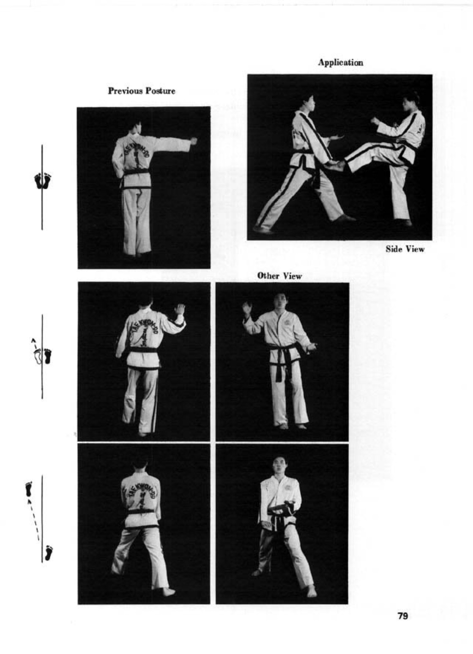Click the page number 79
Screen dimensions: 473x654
point(402,616)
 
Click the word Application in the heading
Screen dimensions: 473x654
point(341,63)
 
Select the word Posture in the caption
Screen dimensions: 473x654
point(160,91)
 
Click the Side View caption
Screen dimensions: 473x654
point(405,249)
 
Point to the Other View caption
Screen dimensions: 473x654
point(279,275)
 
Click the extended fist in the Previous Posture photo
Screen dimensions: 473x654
point(193,141)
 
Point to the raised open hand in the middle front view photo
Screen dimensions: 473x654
point(247,308)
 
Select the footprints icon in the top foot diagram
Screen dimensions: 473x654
point(43,181)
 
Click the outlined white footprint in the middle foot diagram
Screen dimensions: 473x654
point(38,357)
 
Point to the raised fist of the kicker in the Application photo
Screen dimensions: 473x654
point(375,121)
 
